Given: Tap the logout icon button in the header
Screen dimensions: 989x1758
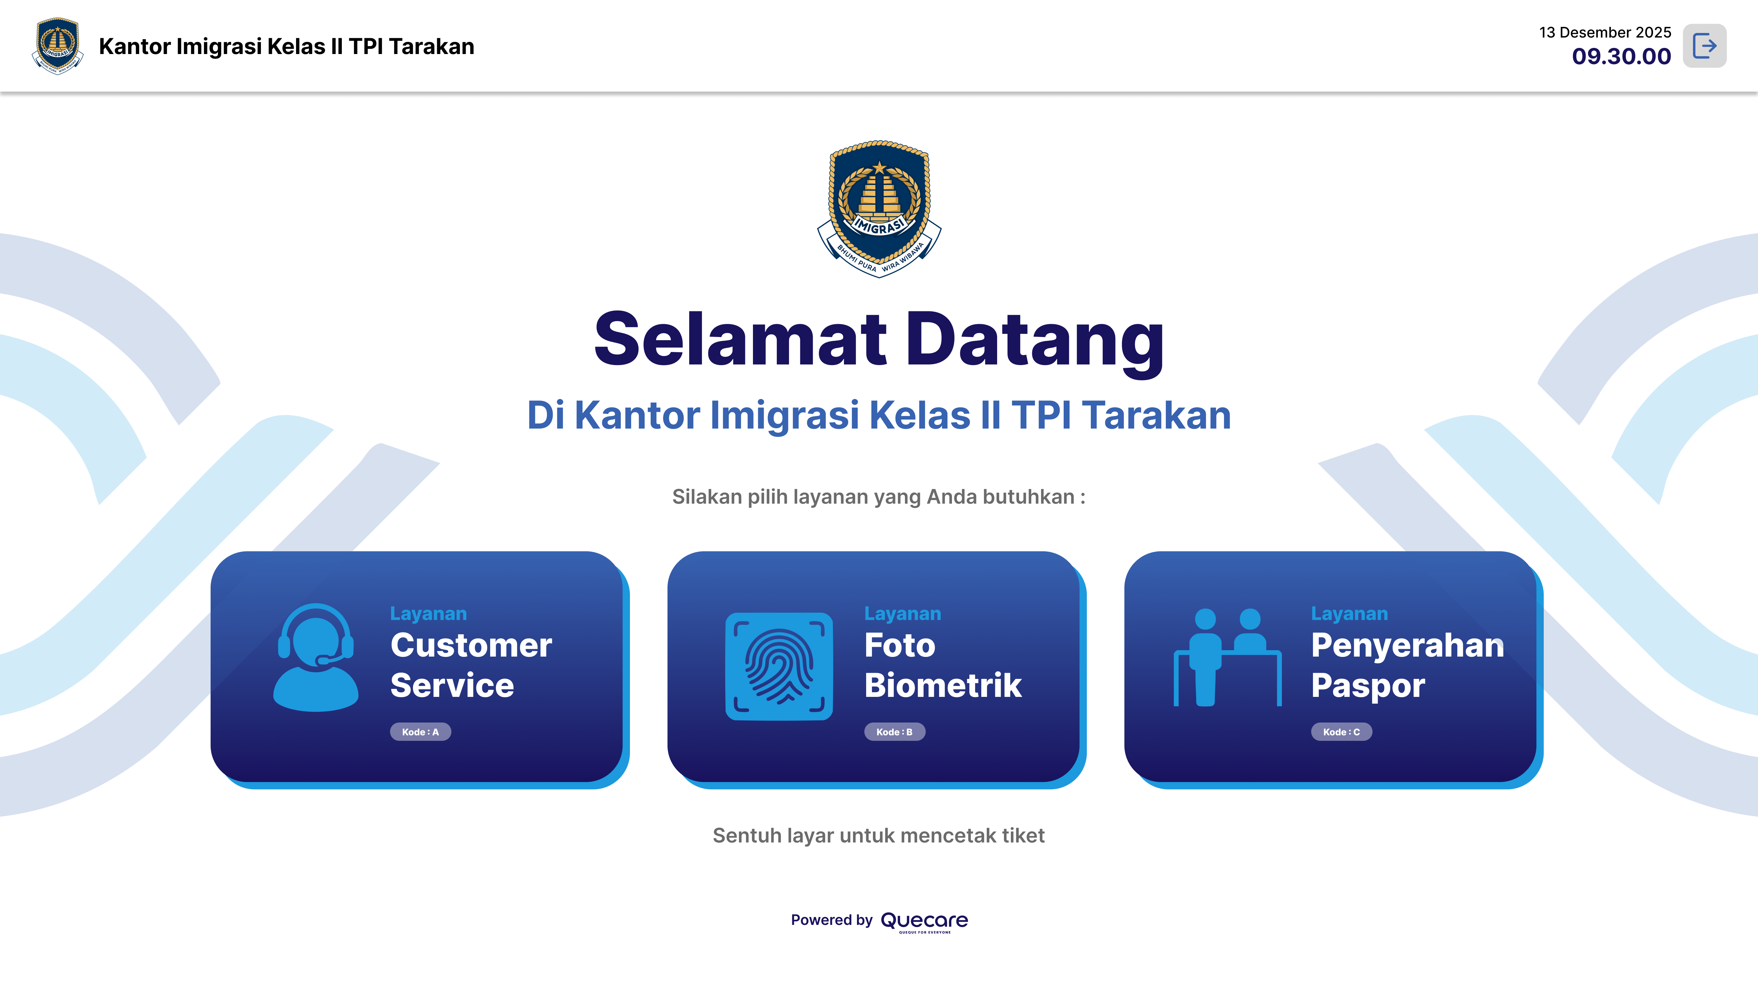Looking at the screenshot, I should [x=1704, y=46].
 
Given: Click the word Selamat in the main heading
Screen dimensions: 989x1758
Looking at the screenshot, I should [x=740, y=339].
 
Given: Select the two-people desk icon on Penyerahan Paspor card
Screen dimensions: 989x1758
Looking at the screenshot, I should [x=1227, y=657].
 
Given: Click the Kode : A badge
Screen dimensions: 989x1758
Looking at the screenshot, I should [x=420, y=732].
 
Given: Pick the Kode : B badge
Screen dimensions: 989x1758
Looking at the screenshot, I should [x=895, y=732].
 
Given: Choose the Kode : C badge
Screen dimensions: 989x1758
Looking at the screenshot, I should [x=1341, y=732].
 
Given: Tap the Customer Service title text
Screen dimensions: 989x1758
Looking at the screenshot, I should [x=471, y=665].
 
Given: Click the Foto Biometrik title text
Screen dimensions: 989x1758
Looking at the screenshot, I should [x=942, y=665].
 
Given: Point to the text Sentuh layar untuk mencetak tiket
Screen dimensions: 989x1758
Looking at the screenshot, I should [x=878, y=835].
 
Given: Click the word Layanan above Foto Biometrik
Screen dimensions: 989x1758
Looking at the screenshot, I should [x=902, y=614].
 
